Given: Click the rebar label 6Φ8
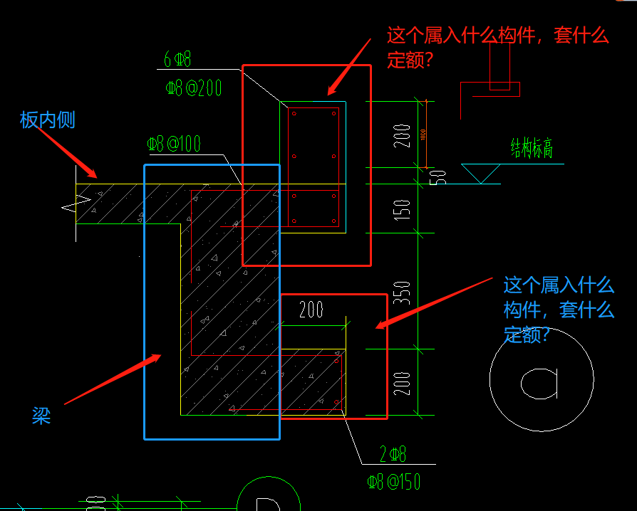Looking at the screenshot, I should coord(177,58).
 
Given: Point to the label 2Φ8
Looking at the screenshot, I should coord(392,454).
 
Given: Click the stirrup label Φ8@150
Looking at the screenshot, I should coord(393,482).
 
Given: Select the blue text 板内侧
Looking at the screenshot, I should coord(48,120).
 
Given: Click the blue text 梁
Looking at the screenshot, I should coord(41,416).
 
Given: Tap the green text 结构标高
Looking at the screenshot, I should coord(532,148).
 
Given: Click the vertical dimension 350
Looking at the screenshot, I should coord(403,293).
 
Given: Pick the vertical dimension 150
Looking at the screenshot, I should coord(403,209).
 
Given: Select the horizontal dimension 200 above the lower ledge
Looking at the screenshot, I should coord(311,310).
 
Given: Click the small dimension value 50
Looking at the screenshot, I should coord(441,176).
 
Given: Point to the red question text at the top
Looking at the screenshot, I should coord(497,47).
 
